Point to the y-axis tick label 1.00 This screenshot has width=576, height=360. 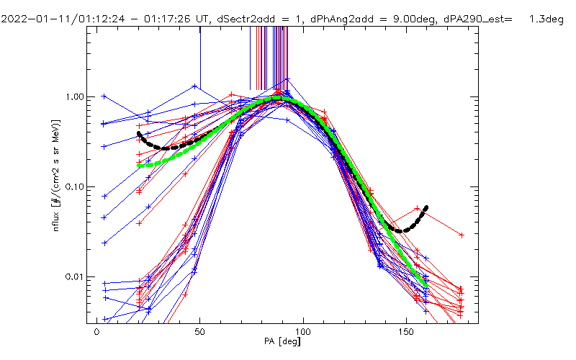(x=75, y=96)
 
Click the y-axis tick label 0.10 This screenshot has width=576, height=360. (x=75, y=186)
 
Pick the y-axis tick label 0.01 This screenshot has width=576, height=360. (x=75, y=277)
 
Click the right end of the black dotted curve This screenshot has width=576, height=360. (x=427, y=207)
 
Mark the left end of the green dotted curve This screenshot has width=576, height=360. (x=139, y=166)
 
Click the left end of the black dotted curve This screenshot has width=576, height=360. (x=139, y=133)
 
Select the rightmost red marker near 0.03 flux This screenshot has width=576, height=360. (x=462, y=235)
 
